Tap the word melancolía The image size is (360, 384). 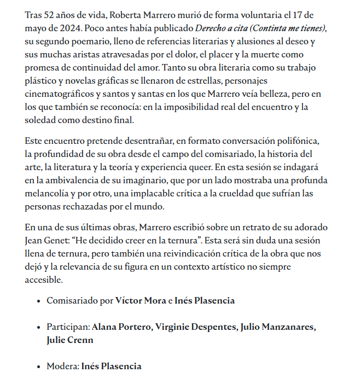click(50, 194)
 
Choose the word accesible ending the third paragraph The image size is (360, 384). click(44, 280)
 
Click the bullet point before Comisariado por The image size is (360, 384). click(38, 301)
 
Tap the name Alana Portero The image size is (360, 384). click(120, 327)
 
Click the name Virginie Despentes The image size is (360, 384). click(195, 327)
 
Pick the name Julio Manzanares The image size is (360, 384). click(278, 327)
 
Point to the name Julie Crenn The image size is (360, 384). click(70, 340)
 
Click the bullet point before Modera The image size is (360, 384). click(38, 366)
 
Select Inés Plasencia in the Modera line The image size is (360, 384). click(111, 366)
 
